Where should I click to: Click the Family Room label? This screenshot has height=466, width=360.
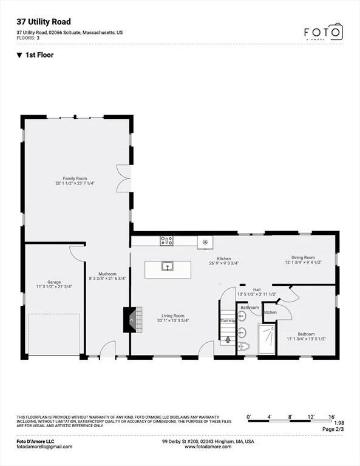tap(75, 178)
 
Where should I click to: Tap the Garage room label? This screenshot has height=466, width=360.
tap(54, 282)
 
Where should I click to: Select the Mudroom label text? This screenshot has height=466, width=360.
tap(107, 274)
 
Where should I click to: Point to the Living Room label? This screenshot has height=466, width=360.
tap(173, 316)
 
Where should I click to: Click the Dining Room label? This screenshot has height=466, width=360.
tap(303, 257)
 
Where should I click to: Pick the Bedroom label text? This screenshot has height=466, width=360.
tap(306, 334)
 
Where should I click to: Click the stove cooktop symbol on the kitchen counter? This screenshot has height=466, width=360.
tap(166, 240)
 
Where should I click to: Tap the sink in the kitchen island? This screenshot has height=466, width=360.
tap(168, 266)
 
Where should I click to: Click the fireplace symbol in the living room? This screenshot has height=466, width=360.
tap(132, 320)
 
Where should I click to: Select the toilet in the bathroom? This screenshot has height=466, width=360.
tap(243, 346)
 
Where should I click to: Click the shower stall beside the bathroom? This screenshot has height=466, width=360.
tap(267, 339)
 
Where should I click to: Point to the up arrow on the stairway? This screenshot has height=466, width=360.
tap(228, 339)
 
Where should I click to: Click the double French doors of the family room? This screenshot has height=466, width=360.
tap(124, 178)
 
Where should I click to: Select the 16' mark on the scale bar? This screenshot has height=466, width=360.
tap(332, 417)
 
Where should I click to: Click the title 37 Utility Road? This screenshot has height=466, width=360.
tap(44, 22)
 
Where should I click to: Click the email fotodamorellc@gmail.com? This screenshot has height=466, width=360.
tap(44, 447)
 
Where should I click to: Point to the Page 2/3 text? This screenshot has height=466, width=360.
tap(333, 429)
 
